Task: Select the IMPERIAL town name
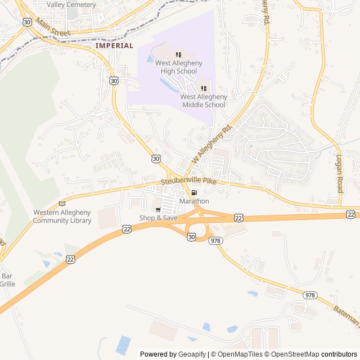tap(114, 46)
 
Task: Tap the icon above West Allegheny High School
tap(178, 55)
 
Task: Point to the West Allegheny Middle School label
tap(204, 101)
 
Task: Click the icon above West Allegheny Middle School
tap(204, 88)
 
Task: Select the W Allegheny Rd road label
tap(212, 144)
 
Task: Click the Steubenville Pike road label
tap(188, 182)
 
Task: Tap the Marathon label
tap(194, 201)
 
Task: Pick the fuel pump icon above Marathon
tap(194, 193)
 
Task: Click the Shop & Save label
tap(158, 218)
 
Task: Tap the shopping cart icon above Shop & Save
tap(158, 210)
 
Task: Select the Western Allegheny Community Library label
tap(62, 216)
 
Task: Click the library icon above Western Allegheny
tap(62, 204)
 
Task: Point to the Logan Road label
tap(340, 174)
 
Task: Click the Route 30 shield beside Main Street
tap(28, 22)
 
